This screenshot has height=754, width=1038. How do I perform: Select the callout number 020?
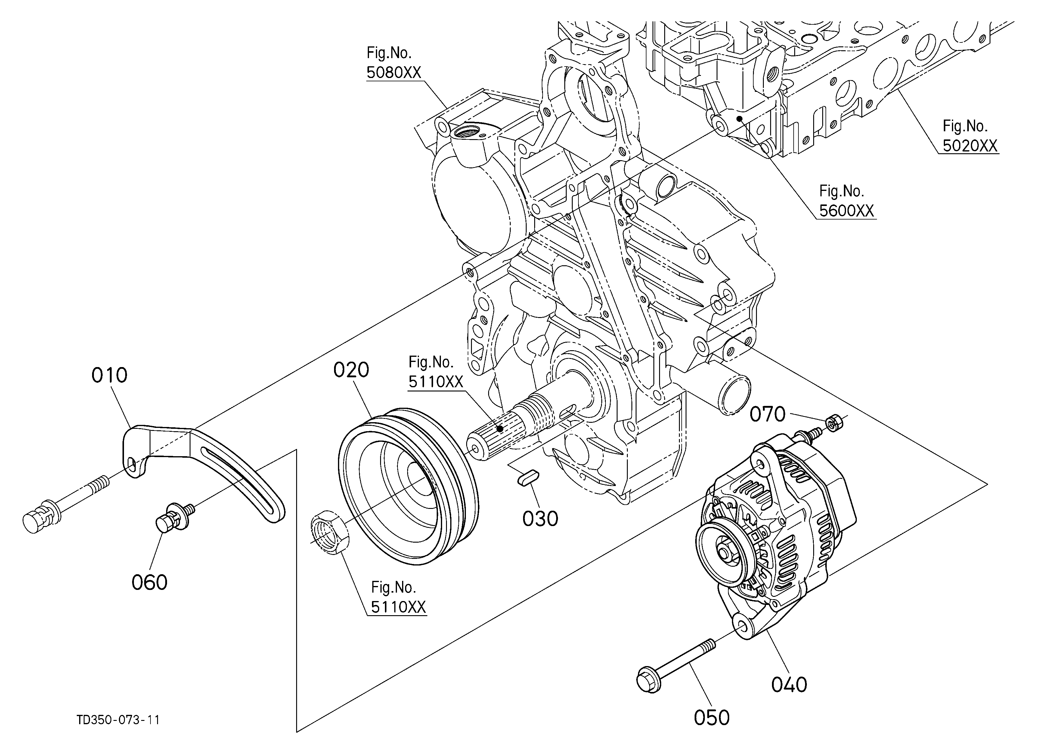(351, 370)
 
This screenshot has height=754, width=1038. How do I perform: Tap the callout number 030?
(541, 519)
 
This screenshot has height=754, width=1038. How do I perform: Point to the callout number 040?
(789, 685)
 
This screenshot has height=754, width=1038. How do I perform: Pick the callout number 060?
(150, 582)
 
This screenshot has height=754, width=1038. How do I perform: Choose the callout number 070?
(767, 414)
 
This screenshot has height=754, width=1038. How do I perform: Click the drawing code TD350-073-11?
(118, 720)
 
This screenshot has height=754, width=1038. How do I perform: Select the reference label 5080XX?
(394, 72)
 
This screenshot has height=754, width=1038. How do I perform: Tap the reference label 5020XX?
(970, 145)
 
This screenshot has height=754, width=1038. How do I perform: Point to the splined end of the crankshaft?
(494, 435)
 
